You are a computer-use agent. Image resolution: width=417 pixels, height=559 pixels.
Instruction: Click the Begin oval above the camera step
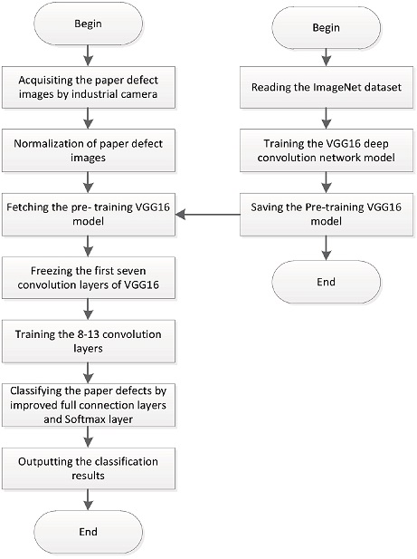(89, 24)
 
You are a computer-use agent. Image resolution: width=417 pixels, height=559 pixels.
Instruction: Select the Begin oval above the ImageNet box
(326, 27)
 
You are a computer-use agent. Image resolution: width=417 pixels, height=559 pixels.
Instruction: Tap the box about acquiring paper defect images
(89, 87)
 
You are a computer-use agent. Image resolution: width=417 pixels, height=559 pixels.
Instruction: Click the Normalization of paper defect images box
(89, 150)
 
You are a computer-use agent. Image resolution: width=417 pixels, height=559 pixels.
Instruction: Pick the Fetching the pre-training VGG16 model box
(89, 214)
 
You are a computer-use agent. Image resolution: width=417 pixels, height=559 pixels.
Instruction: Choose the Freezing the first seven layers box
(89, 278)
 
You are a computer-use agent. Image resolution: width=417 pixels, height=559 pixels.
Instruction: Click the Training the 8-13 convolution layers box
(89, 342)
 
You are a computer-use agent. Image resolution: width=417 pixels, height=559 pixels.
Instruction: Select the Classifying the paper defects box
(89, 405)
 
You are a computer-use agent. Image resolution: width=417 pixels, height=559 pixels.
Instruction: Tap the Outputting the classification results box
(89, 468)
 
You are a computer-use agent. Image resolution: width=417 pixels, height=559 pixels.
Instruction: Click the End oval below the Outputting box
(89, 532)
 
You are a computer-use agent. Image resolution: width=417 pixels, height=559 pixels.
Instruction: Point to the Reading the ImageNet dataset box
(326, 87)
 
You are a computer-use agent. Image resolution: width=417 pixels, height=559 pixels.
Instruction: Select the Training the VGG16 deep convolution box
(326, 150)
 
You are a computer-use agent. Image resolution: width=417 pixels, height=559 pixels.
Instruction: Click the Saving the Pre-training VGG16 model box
(326, 214)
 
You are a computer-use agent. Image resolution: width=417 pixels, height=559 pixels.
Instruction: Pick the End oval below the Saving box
(326, 282)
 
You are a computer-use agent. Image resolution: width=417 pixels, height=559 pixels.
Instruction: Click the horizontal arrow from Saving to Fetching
(208, 214)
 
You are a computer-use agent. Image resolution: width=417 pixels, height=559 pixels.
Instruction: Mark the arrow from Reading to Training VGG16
(326, 119)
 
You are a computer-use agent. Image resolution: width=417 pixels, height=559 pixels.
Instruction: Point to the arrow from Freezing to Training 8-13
(89, 310)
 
